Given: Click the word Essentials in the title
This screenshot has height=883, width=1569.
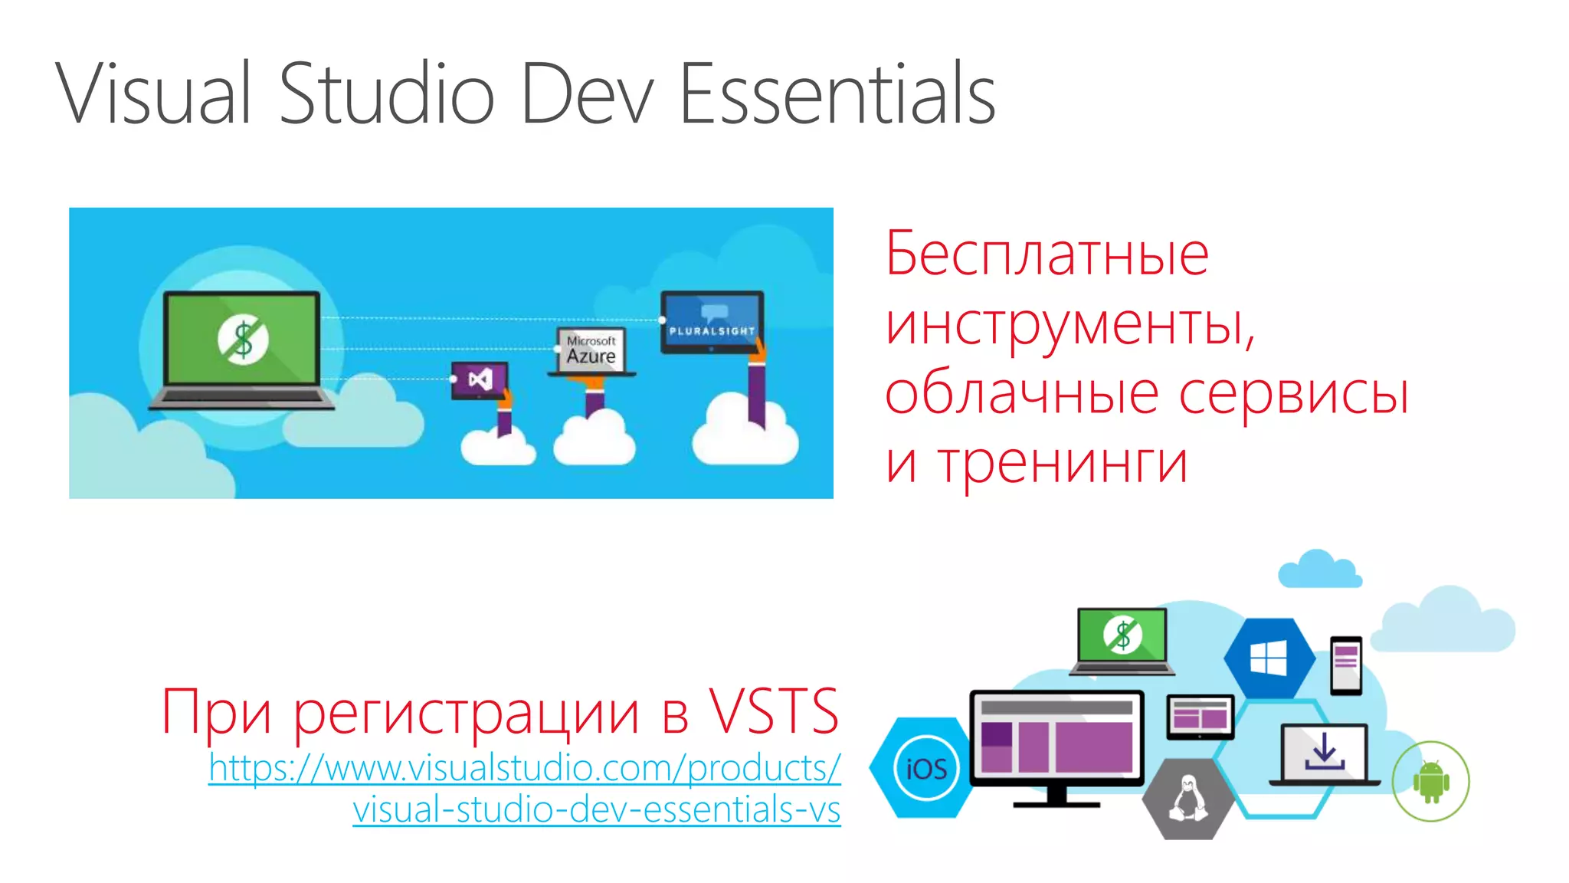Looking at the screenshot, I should tap(837, 94).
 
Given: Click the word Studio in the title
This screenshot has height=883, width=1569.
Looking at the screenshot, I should tap(386, 94).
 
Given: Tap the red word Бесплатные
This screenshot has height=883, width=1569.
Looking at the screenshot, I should tap(1047, 254).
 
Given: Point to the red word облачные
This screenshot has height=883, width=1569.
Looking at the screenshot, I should tap(1022, 392).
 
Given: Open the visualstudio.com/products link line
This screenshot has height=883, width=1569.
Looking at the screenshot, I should tap(525, 768).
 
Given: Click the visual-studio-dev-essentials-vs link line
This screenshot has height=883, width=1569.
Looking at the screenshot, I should tap(596, 809).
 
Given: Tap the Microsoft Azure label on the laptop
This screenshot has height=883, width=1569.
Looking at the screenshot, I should tap(591, 350).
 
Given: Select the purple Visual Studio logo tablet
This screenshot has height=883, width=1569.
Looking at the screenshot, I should tap(480, 379).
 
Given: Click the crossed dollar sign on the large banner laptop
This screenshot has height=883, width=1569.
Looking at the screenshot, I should tap(243, 339).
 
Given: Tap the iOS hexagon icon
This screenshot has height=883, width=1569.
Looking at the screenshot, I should tap(925, 768).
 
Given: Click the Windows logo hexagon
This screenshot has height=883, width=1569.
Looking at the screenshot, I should tap(1269, 658).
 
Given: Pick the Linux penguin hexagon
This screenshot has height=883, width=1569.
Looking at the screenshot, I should tap(1188, 799).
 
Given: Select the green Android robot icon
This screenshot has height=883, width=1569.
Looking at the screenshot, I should tap(1430, 782).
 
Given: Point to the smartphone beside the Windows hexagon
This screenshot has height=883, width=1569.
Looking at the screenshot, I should tap(1346, 665).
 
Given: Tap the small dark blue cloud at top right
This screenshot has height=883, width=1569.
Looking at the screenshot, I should tap(1319, 570).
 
